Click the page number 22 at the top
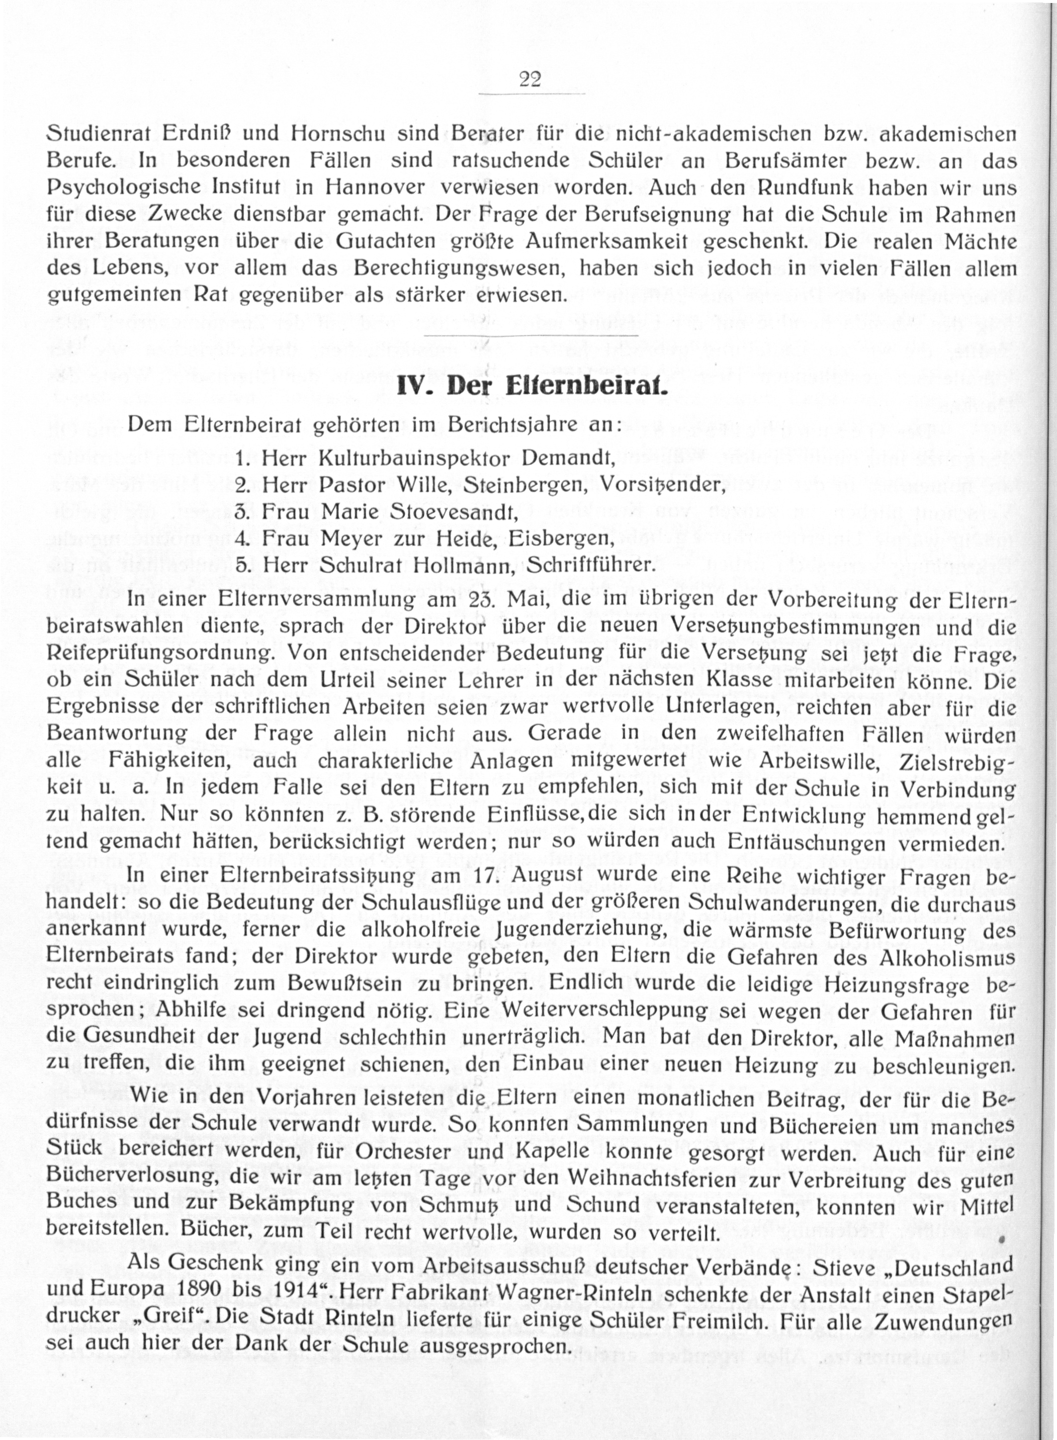(x=530, y=80)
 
